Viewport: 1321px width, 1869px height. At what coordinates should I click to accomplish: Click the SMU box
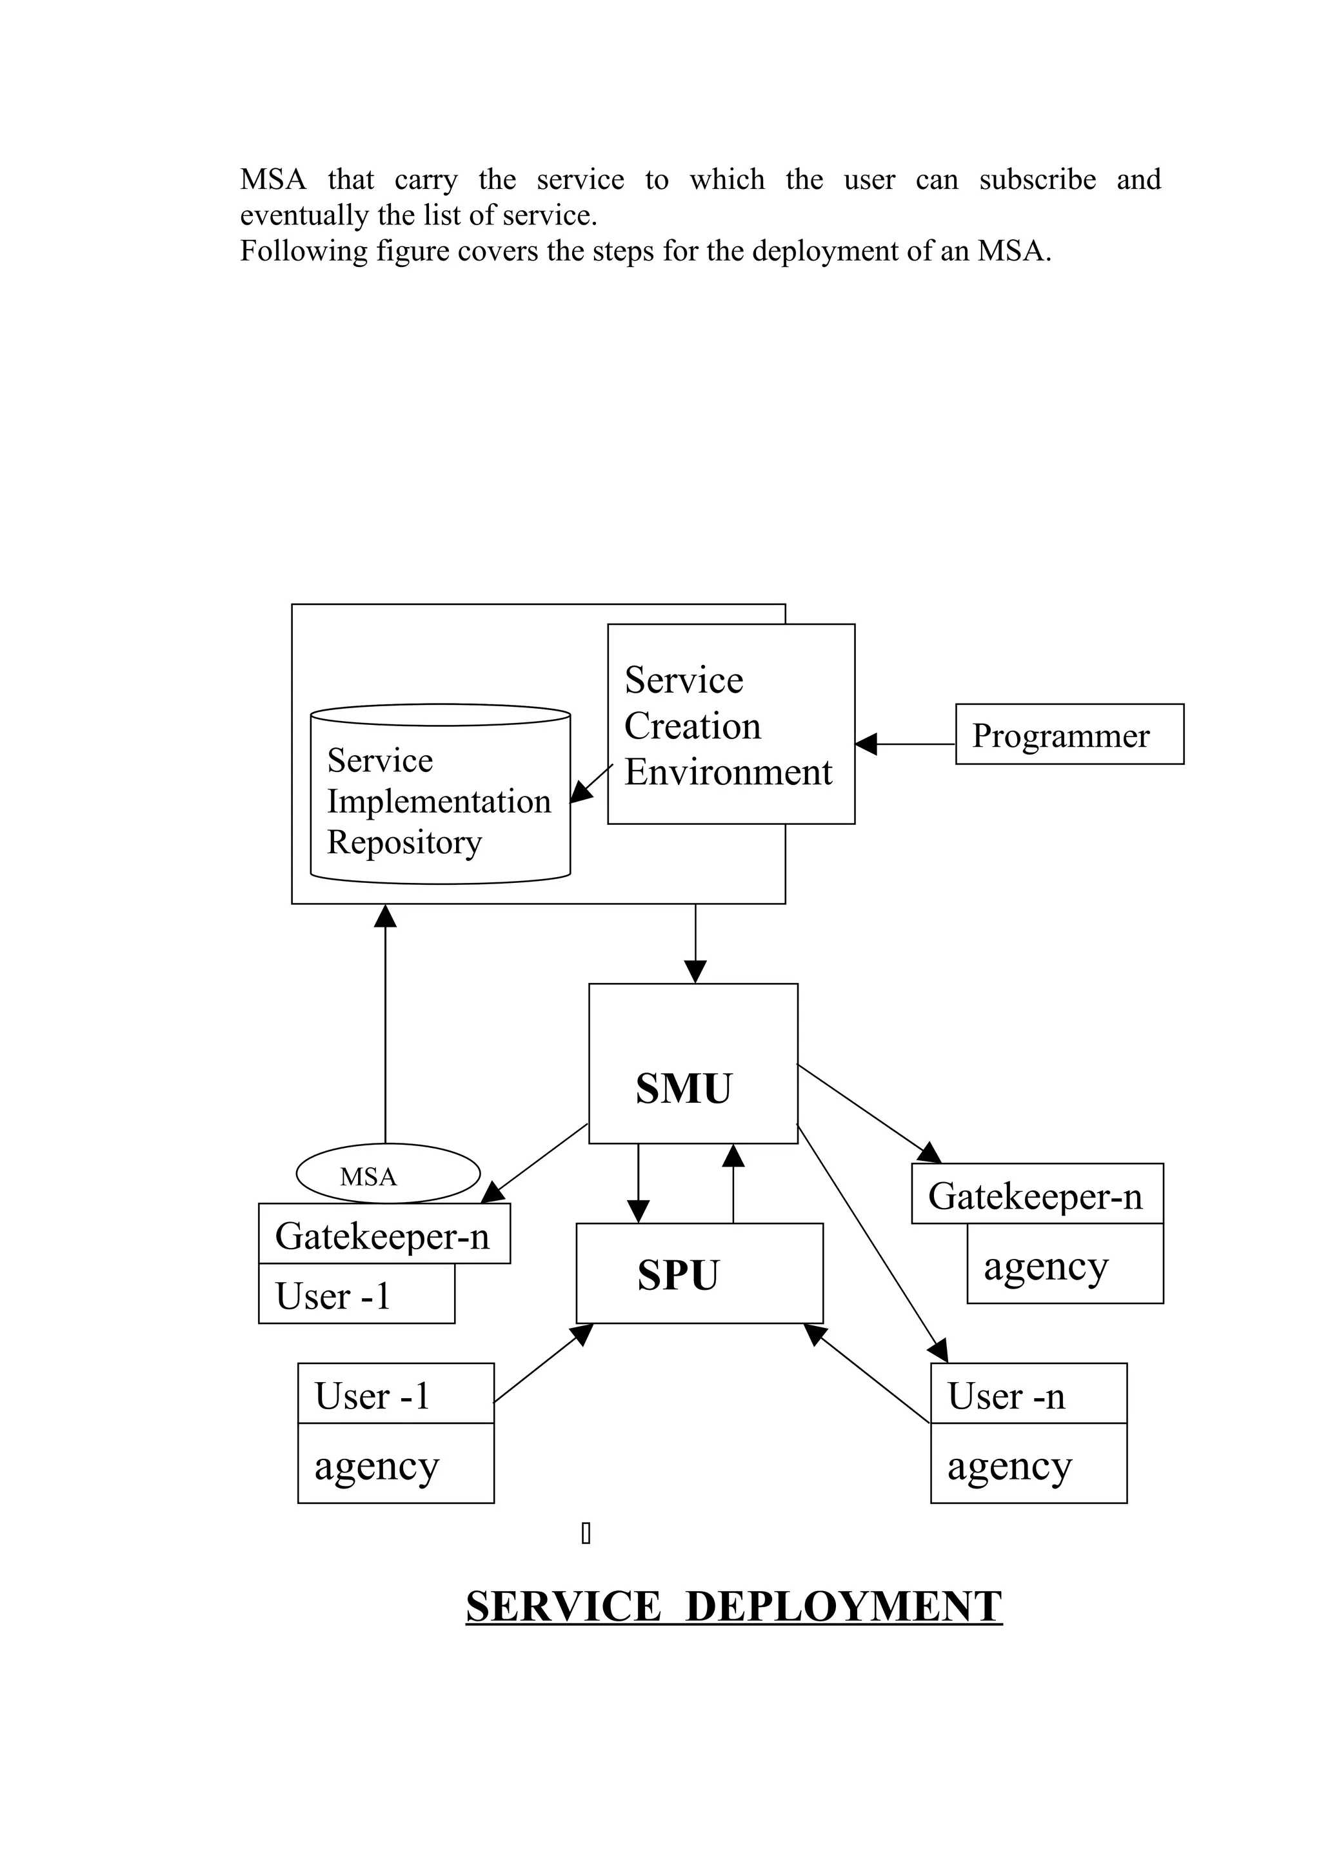[x=693, y=1063]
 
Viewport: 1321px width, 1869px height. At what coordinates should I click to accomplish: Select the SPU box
[x=699, y=1273]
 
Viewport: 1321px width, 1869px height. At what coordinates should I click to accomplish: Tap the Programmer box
[x=1069, y=733]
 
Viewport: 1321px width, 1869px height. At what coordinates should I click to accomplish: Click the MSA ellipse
[x=388, y=1173]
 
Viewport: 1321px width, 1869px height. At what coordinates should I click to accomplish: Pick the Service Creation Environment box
[x=730, y=724]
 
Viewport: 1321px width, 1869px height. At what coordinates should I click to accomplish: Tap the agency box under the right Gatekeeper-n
[x=1065, y=1267]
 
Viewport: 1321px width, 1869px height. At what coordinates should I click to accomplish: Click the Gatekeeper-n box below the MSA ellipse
[x=383, y=1235]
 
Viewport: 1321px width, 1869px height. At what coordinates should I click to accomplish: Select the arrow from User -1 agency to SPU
[x=543, y=1363]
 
